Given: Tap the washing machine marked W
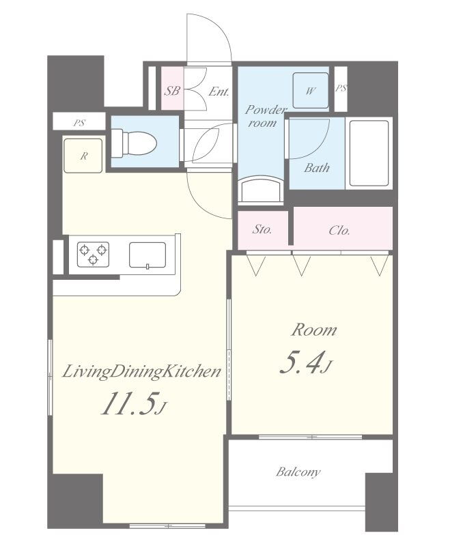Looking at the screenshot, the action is tap(311, 91).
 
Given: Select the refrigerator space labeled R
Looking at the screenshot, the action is tap(83, 156).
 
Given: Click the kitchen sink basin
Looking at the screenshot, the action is tap(148, 255).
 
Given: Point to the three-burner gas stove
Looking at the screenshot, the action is tap(93, 255).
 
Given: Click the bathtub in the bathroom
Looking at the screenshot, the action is tap(369, 153).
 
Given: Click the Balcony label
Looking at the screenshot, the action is tap(298, 472).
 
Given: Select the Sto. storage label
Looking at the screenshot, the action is tap(262, 230).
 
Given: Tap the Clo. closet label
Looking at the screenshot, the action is tap(339, 230).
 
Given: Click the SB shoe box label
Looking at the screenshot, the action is tap(172, 91).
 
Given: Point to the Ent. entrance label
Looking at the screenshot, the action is tap(219, 91).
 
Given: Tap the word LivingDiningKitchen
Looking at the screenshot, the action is tap(141, 371).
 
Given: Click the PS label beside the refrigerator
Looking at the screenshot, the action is tap(79, 123).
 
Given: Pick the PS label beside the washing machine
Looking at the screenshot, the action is tap(341, 89).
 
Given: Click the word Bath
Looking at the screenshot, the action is tap(317, 168).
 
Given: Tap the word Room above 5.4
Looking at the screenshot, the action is tap(314, 330).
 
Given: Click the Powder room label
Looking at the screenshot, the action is tap(265, 116).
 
